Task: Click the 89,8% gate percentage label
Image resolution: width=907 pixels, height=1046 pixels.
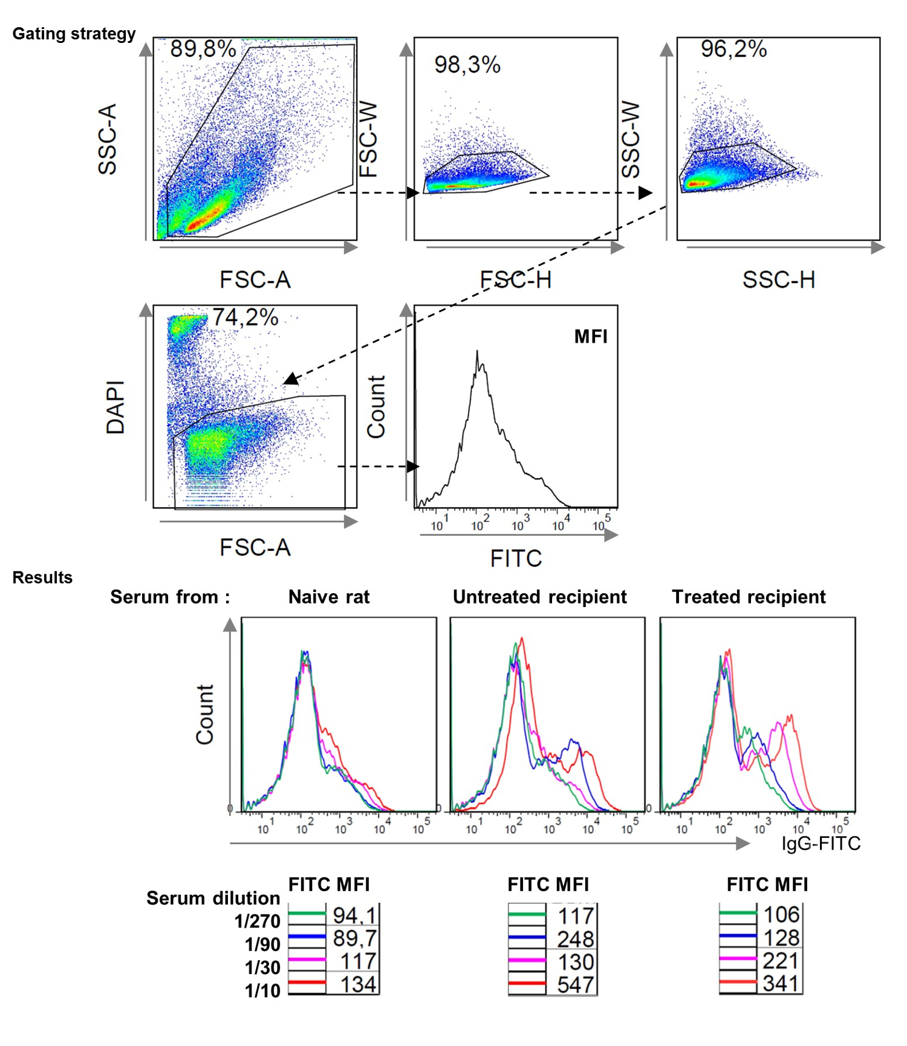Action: coord(203,49)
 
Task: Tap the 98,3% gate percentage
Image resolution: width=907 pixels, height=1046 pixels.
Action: coord(467,65)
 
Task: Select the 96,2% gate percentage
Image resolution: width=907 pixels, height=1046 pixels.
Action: coord(733,49)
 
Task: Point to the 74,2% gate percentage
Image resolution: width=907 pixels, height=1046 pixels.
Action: coord(245,317)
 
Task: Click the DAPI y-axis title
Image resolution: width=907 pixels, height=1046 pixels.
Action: coord(115,407)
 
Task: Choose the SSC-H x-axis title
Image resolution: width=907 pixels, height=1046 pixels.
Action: coord(778,280)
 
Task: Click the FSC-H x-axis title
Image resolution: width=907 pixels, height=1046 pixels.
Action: coord(515,280)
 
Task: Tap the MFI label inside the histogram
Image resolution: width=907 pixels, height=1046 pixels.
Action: coord(590,337)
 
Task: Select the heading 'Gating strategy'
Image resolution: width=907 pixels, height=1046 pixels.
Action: coord(74,34)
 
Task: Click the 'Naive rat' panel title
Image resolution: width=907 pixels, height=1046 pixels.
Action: coord(328,597)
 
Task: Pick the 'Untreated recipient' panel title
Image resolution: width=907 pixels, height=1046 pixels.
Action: coord(539,597)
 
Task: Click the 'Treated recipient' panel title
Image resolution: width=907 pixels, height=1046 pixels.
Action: coord(749,597)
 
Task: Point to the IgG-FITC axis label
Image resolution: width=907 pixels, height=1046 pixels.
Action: coord(821,843)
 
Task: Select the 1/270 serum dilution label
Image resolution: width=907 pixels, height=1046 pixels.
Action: coord(258,921)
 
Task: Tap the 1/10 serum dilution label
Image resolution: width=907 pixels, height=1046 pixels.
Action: coord(262,990)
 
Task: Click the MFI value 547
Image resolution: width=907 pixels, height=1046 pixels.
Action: coord(575,985)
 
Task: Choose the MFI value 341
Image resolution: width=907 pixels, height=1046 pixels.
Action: coord(781,983)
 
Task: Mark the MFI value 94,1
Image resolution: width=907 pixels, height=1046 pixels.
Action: coord(354,915)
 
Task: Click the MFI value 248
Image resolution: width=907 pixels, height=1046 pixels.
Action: coord(575,939)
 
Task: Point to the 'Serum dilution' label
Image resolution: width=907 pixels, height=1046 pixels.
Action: coord(213,898)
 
